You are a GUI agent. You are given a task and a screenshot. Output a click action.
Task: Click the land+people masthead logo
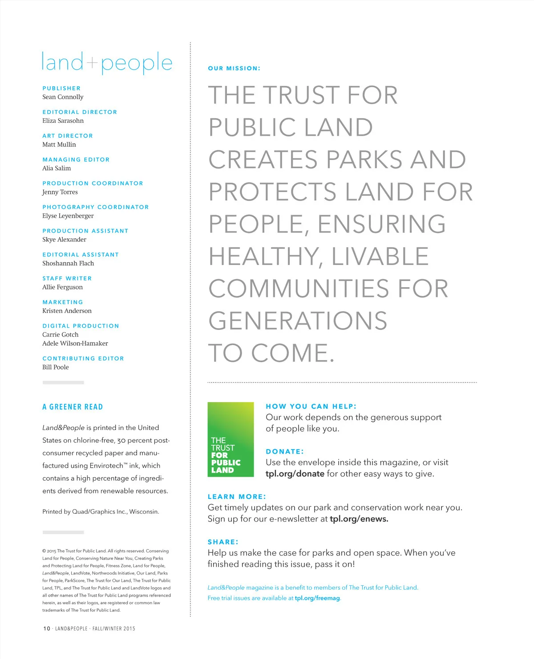107,63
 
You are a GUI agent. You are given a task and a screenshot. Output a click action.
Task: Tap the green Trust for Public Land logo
231,439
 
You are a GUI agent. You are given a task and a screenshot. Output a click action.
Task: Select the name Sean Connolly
63,97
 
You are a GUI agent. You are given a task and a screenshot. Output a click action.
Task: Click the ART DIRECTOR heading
68,136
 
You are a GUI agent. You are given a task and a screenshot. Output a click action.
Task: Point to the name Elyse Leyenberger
68,216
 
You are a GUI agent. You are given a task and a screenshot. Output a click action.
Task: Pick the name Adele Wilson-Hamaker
75,343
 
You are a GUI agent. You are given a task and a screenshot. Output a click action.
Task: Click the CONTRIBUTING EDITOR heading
83,358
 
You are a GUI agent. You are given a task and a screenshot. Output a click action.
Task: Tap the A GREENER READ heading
73,407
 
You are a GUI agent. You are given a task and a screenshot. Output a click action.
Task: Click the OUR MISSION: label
234,68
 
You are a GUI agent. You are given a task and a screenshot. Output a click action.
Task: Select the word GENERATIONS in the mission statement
298,321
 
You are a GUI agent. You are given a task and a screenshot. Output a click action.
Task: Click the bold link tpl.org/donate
295,474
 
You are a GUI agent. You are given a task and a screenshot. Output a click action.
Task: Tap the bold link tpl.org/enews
359,519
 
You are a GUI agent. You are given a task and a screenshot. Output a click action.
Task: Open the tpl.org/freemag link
317,598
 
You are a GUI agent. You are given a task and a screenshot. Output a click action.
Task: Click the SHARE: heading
223,542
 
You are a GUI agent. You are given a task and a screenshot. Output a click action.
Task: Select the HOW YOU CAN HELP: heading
311,406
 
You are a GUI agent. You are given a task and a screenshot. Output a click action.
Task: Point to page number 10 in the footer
47,628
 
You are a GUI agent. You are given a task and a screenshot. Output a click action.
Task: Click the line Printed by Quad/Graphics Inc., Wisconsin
101,512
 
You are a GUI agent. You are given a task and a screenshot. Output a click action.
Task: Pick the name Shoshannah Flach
68,263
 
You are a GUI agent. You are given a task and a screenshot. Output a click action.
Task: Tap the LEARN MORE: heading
237,497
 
